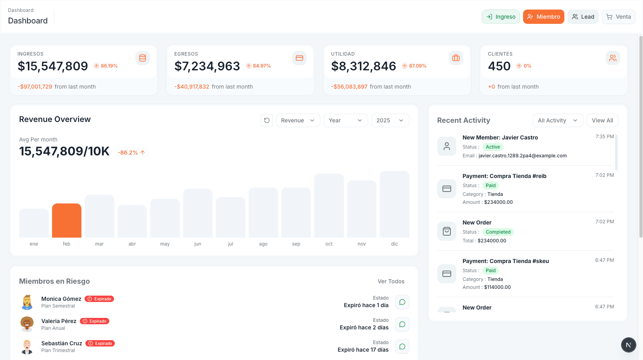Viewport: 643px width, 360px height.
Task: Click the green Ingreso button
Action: click(x=500, y=17)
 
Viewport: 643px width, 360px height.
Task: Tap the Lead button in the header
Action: click(x=583, y=17)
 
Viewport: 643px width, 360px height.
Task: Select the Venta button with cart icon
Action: click(x=618, y=17)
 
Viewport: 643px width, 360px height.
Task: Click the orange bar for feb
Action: click(x=67, y=221)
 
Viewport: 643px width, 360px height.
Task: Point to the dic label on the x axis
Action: click(x=394, y=244)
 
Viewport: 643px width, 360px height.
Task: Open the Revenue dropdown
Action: click(x=298, y=120)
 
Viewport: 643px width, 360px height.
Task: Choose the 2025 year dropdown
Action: click(x=390, y=120)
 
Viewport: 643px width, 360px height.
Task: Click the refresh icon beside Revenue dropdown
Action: click(x=267, y=120)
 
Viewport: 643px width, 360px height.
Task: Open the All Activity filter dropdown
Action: click(x=558, y=120)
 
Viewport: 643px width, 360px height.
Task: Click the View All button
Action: click(x=602, y=120)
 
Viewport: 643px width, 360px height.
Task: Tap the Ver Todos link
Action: click(x=391, y=281)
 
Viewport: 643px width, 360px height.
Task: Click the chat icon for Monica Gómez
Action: click(x=402, y=302)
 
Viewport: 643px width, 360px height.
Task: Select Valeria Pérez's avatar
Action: click(x=27, y=324)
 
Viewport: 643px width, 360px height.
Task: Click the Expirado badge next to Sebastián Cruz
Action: click(x=100, y=343)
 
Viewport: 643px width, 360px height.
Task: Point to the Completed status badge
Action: click(x=498, y=232)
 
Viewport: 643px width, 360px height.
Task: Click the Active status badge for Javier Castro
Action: click(x=492, y=147)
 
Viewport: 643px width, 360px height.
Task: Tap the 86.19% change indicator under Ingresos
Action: click(x=106, y=66)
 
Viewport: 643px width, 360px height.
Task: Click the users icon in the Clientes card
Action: click(x=612, y=58)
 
